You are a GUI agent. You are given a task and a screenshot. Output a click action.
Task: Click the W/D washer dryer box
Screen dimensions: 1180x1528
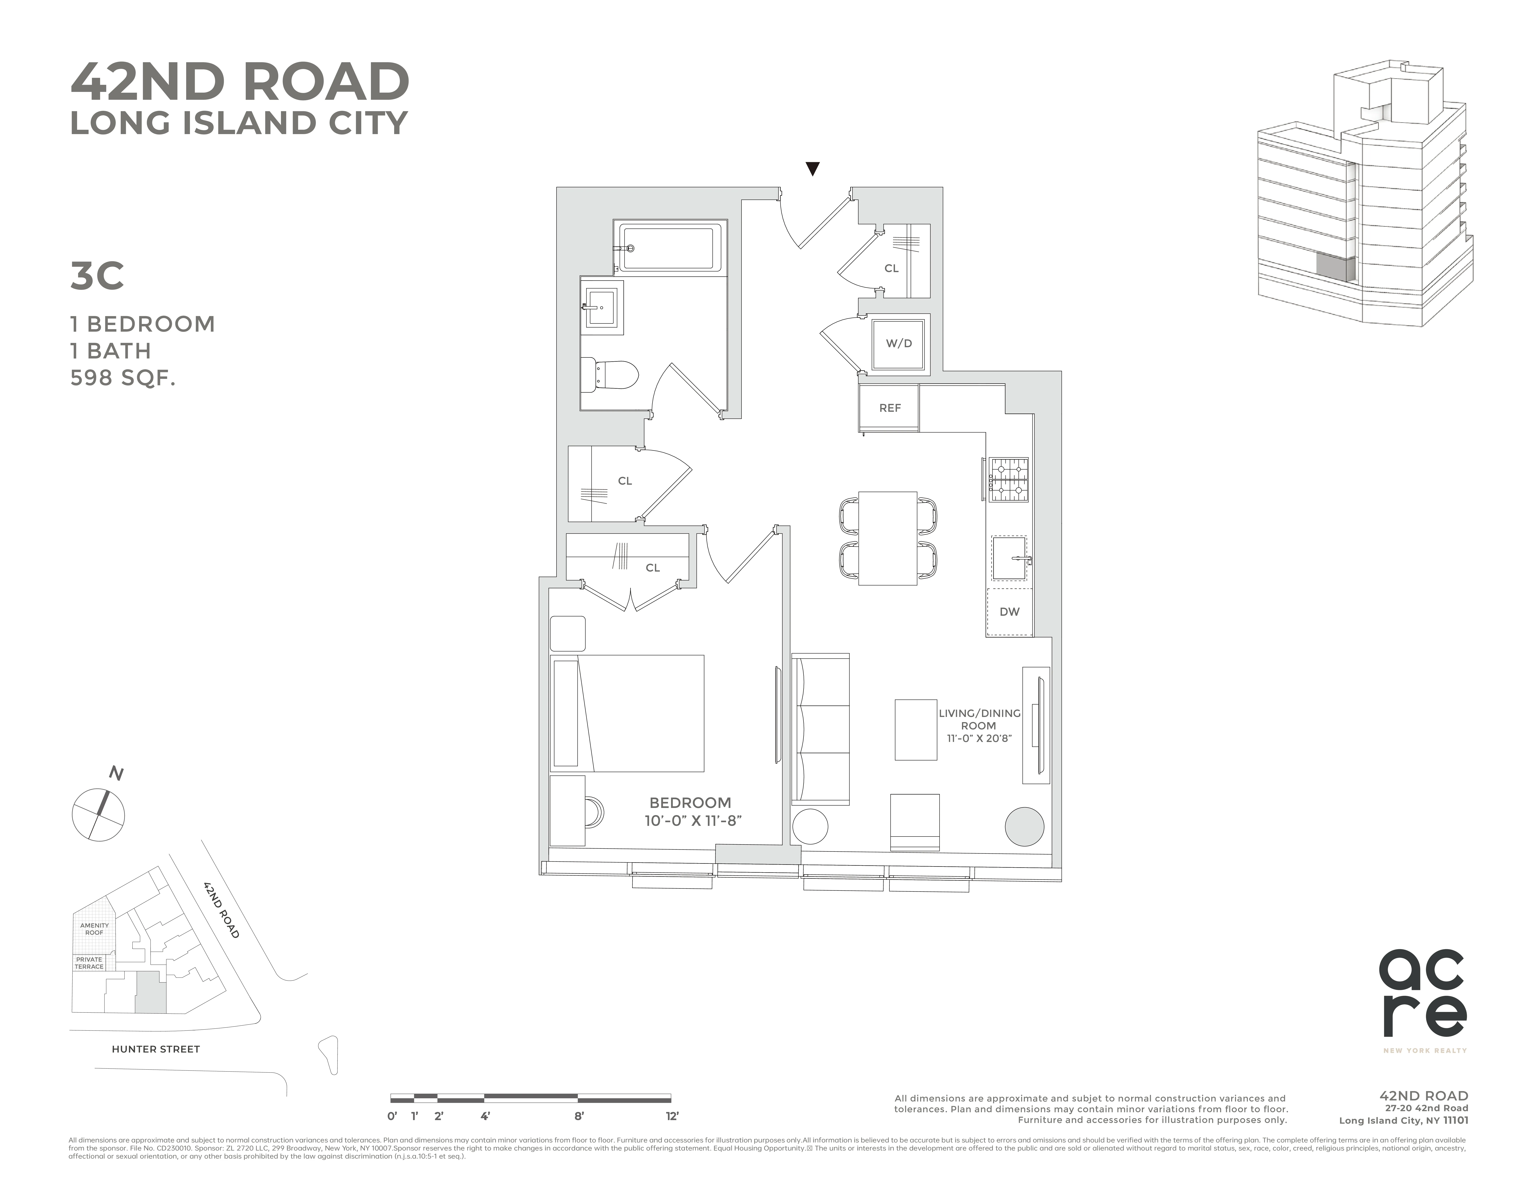(x=899, y=343)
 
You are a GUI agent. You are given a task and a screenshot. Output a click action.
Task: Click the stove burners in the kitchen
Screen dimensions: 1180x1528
(x=1007, y=480)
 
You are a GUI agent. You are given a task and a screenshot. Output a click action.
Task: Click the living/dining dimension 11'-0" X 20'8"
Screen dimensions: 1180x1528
(x=979, y=739)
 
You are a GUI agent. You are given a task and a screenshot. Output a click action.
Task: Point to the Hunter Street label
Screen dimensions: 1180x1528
(x=155, y=1049)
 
